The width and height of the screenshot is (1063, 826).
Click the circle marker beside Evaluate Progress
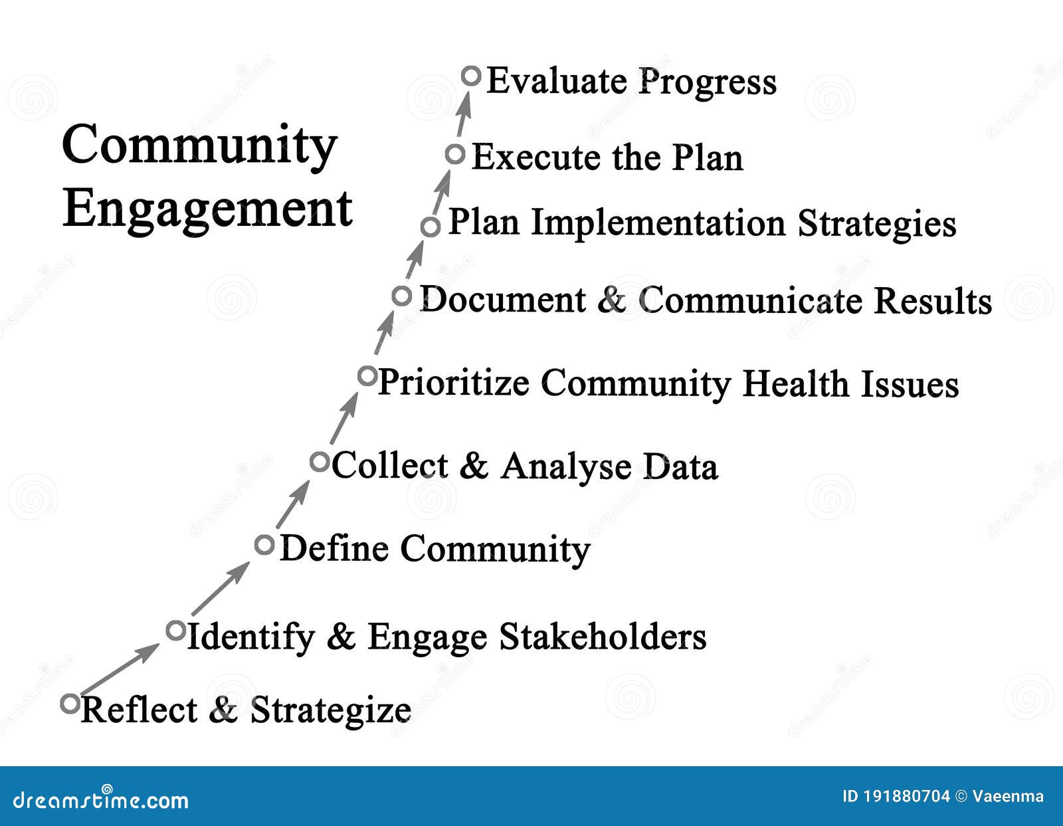471,76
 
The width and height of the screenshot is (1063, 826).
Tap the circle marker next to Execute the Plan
455,154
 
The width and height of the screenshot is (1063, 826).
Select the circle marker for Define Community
264,545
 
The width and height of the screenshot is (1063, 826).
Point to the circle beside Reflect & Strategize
70,703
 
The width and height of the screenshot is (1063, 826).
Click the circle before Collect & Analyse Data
320,461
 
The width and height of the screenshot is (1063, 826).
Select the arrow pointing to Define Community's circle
221,589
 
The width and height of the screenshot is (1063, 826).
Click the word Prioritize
454,383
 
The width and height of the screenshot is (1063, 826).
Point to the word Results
932,300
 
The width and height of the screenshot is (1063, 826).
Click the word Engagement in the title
207,209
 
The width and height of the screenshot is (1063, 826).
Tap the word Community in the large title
199,146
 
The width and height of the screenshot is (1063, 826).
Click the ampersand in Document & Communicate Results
612,300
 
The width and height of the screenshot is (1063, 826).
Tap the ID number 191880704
906,796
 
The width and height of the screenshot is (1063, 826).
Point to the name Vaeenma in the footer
1008,796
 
